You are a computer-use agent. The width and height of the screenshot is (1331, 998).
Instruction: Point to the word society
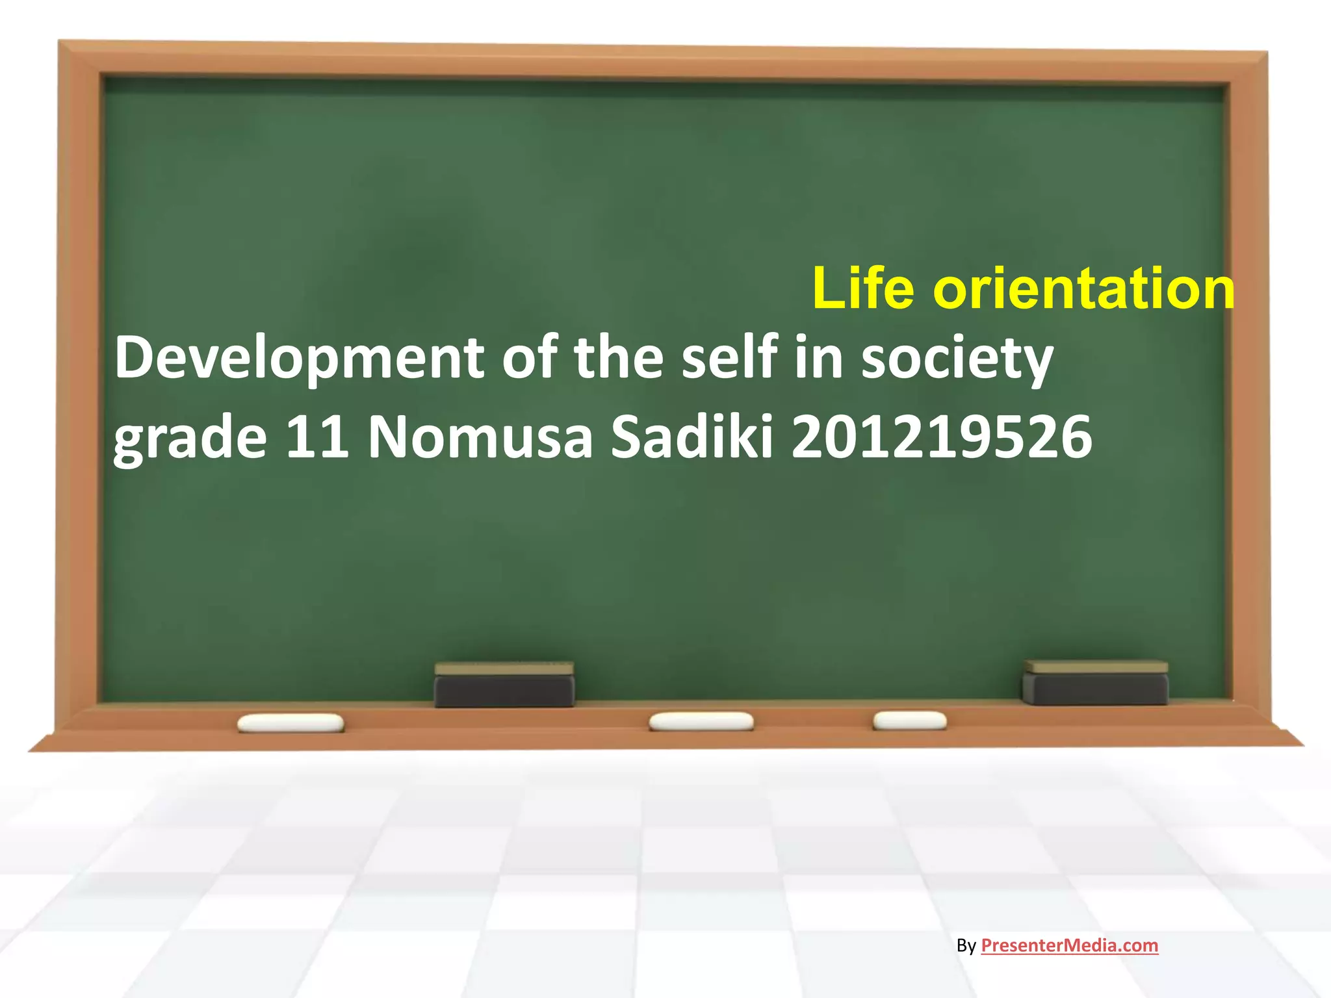click(957, 359)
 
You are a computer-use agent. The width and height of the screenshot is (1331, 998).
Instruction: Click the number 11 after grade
click(317, 437)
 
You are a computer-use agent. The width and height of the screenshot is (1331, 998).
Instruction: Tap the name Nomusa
click(480, 437)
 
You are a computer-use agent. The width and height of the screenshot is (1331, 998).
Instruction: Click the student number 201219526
click(942, 437)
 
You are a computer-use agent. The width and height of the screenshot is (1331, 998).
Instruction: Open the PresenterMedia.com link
click(1069, 945)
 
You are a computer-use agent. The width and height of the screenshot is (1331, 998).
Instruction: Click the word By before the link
click(966, 946)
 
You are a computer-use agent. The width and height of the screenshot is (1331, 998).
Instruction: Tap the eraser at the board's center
click(504, 685)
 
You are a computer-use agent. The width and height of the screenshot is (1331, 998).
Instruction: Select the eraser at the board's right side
click(1095, 683)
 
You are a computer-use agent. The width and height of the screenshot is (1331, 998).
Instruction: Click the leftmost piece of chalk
click(291, 723)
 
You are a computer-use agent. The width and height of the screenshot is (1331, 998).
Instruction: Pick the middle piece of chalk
click(701, 721)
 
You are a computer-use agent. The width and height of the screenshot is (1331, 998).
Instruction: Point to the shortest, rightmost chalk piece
click(909, 720)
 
